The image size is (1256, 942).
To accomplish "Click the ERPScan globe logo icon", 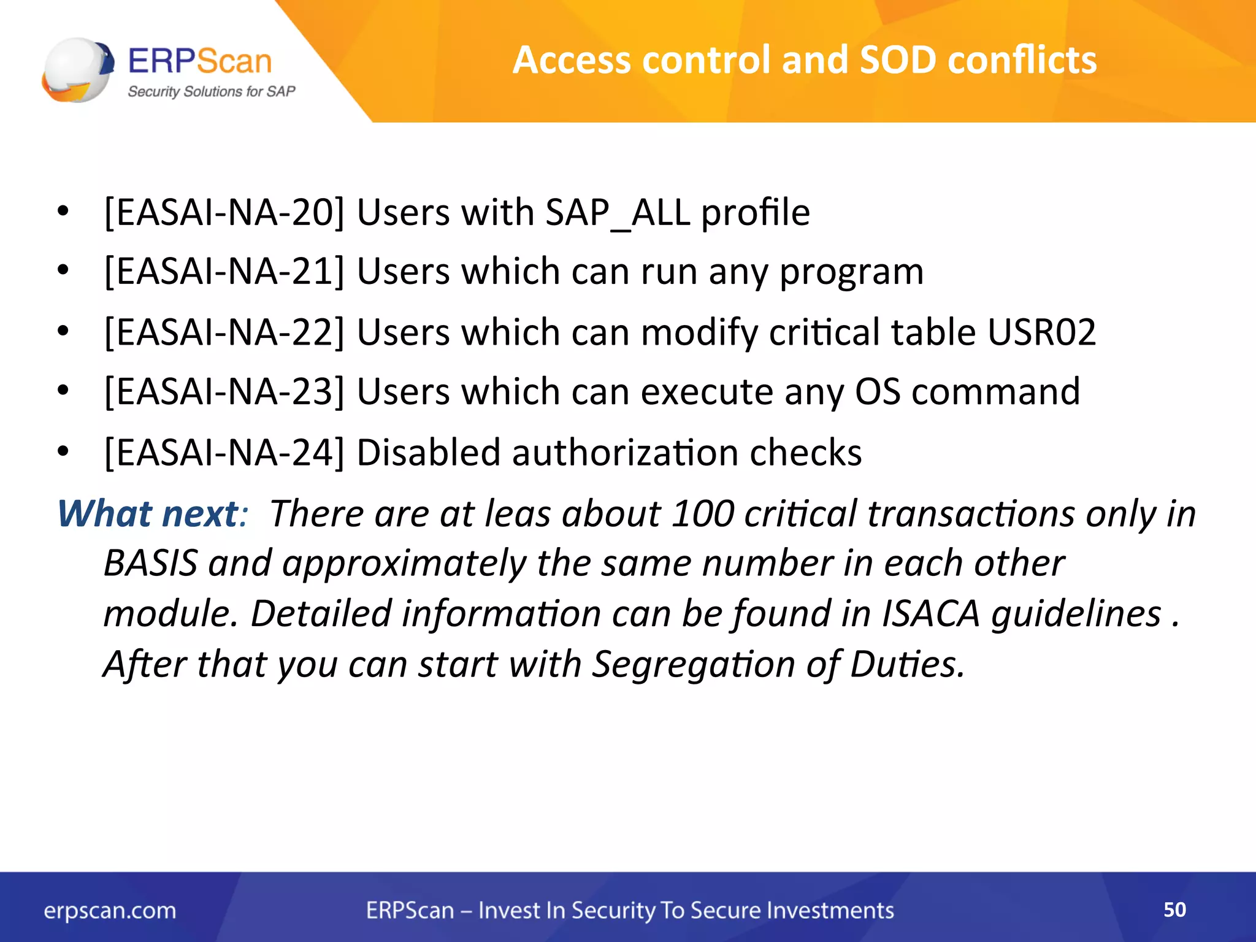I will tap(77, 69).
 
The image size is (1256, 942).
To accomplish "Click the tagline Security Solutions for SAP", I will tap(211, 91).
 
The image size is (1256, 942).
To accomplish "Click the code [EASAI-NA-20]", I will tap(224, 212).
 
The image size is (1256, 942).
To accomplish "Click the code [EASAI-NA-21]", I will tap(224, 271).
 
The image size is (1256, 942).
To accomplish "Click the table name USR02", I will tap(1041, 332).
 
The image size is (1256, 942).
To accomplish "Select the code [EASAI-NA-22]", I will tap(224, 332).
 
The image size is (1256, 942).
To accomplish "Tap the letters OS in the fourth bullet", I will tap(878, 391).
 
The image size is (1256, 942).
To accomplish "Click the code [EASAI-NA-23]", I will tap(224, 391).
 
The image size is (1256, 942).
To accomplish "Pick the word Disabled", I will tap(429, 453).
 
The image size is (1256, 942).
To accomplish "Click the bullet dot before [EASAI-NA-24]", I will tap(63, 452).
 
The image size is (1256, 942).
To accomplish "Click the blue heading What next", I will tap(147, 513).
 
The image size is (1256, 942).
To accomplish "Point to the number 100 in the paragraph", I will tap(703, 513).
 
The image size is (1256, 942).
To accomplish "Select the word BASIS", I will tap(150, 563).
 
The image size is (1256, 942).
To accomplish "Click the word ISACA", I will tap(930, 613).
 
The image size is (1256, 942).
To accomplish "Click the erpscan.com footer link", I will tap(110, 910).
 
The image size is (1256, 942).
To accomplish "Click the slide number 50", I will tap(1174, 909).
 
